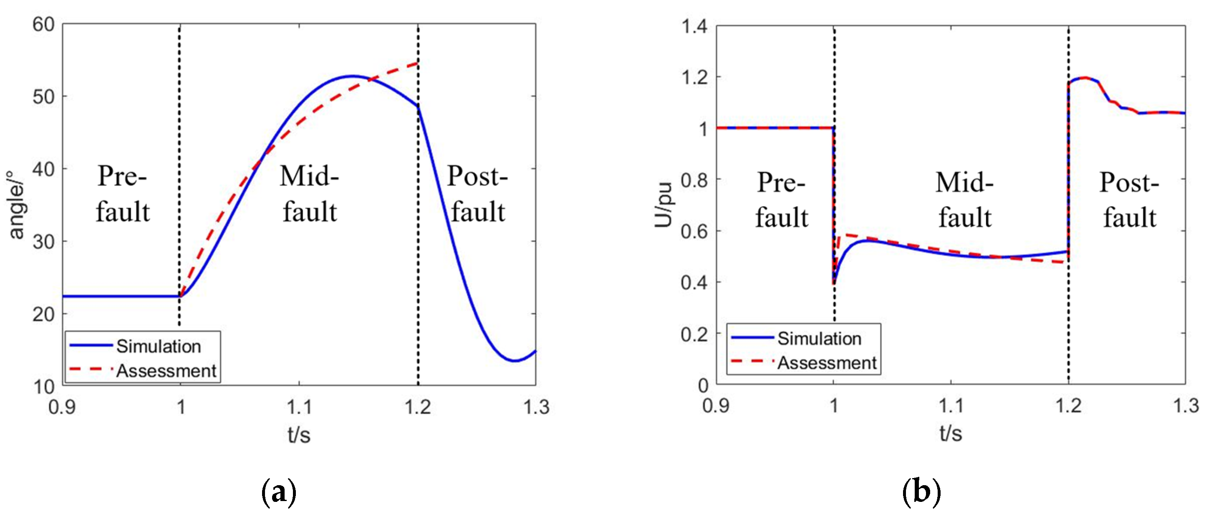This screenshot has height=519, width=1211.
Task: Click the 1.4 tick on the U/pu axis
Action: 694,26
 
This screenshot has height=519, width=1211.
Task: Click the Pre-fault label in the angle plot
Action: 123,194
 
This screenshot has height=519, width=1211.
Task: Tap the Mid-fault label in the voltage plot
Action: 965,200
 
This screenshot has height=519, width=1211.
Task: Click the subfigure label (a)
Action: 279,492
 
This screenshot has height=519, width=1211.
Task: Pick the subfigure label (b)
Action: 921,492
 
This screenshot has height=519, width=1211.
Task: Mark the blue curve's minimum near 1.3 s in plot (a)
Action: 515,361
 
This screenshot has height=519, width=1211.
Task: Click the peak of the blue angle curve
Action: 352,76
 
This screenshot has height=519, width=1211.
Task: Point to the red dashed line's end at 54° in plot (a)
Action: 417,63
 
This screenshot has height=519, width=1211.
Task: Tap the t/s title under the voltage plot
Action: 951,433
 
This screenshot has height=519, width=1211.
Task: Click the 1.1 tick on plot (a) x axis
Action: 299,407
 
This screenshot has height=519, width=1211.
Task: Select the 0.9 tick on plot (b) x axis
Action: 716,405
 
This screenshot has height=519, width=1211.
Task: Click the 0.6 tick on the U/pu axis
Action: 694,231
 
